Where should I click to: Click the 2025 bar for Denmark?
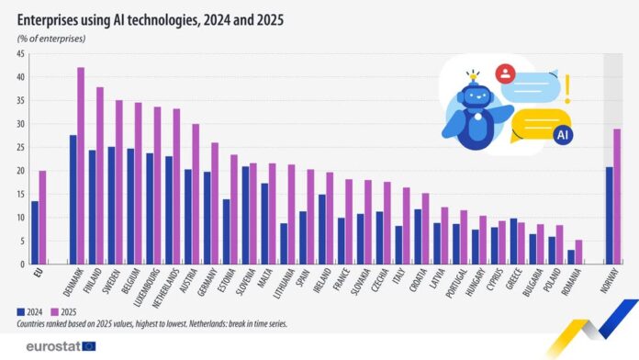click(x=81, y=165)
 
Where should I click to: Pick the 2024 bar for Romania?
click(x=570, y=256)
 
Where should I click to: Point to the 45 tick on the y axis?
click(x=19, y=54)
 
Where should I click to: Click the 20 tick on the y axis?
click(x=19, y=171)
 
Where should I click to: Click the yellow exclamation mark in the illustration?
click(x=567, y=87)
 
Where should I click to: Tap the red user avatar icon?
click(x=503, y=73)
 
